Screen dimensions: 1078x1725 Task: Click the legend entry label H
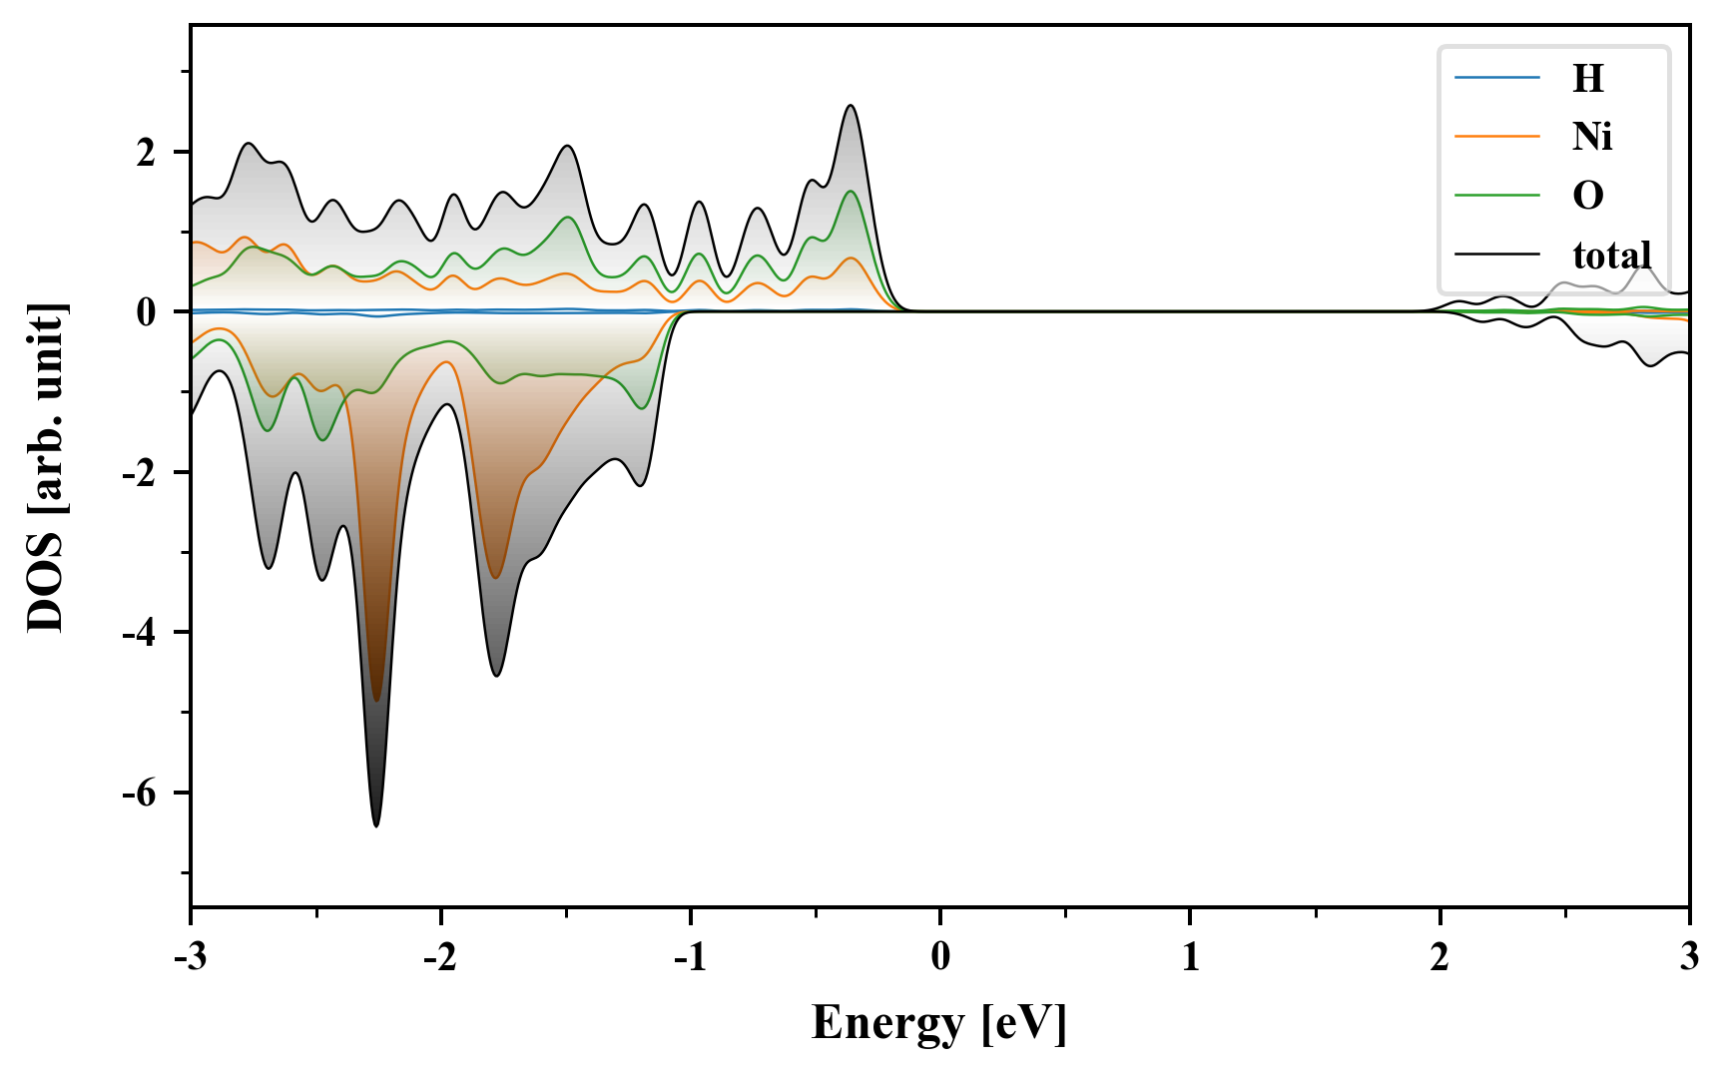click(1587, 78)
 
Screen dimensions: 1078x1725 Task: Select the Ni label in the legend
click(1591, 136)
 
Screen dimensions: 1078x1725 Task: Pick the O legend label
click(1587, 195)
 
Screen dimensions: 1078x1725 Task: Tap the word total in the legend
click(1611, 255)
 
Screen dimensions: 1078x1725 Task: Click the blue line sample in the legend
click(1496, 78)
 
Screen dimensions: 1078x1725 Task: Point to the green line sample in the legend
click(1496, 195)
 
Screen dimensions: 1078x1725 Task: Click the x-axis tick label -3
click(191, 956)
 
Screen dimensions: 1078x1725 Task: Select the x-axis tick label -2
click(440, 956)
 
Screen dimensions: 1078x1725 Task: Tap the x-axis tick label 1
click(1190, 956)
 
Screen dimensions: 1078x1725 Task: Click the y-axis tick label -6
click(140, 793)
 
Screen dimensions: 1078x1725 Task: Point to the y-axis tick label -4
click(140, 632)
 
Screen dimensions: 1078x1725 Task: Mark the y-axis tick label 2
click(147, 153)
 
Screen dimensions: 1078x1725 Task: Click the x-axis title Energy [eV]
click(939, 1023)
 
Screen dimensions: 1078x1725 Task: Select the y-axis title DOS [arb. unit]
click(46, 467)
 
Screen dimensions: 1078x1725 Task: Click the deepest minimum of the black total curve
click(376, 825)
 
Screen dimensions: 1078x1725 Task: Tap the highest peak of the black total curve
click(851, 106)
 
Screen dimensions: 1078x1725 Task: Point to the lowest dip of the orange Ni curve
click(376, 701)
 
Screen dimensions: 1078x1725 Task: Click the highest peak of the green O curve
click(851, 192)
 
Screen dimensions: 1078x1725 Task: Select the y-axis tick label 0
click(147, 312)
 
